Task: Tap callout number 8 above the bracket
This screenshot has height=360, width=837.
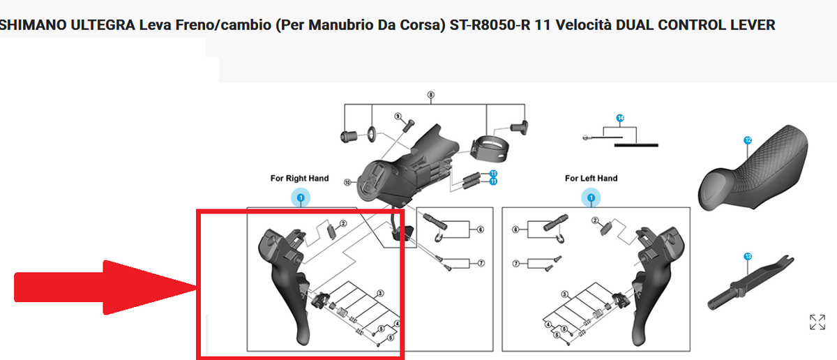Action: [431, 95]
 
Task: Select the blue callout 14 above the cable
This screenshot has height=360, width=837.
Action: [619, 118]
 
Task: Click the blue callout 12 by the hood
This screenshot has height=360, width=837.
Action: [748, 140]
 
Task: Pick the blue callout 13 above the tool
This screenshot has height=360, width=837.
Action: [748, 256]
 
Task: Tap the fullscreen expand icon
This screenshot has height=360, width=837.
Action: [817, 322]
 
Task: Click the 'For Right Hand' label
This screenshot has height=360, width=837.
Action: [299, 179]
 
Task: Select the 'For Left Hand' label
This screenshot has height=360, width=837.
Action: [591, 179]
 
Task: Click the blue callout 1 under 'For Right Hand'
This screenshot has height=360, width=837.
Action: [301, 199]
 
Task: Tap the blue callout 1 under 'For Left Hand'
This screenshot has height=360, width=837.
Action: [591, 199]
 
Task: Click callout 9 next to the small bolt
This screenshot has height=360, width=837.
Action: [398, 116]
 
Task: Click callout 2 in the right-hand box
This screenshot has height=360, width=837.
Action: [343, 224]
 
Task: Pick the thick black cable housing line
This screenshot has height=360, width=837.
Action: [635, 145]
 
